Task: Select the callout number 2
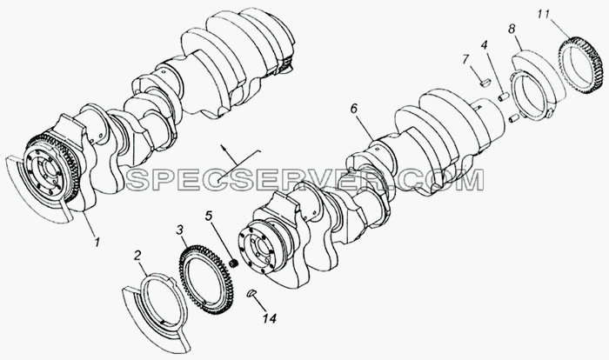click(x=137, y=256)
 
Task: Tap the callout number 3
click(x=179, y=230)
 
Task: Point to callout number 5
click(x=209, y=216)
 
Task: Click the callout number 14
click(x=269, y=318)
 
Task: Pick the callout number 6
click(x=353, y=109)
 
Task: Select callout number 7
click(x=466, y=60)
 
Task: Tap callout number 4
click(x=484, y=45)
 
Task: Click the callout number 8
click(x=512, y=29)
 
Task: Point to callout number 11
click(x=544, y=15)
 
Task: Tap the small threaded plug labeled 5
click(x=234, y=263)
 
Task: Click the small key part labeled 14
click(x=251, y=293)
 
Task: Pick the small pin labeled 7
click(x=485, y=83)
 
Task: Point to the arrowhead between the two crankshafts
click(x=224, y=147)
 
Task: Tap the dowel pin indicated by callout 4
click(x=504, y=96)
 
